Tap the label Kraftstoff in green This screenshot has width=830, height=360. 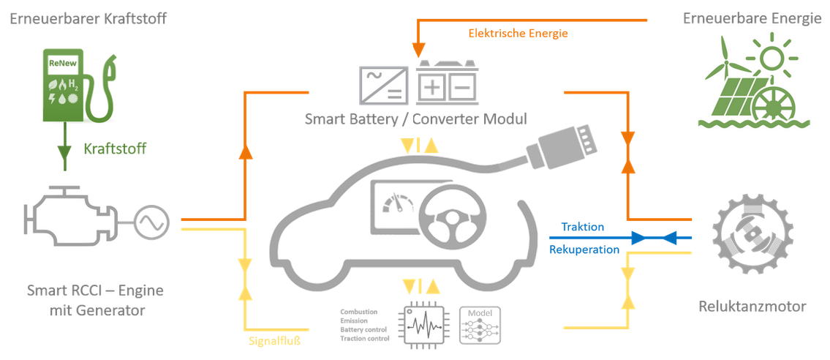pyautogui.click(x=114, y=149)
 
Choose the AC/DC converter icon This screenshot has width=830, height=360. pyautogui.click(x=383, y=84)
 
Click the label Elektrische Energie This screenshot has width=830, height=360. pyautogui.click(x=518, y=33)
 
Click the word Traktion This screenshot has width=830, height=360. pyautogui.click(x=583, y=227)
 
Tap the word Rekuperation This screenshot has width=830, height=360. pyautogui.click(x=584, y=250)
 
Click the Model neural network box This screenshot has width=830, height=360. pyautogui.click(x=480, y=325)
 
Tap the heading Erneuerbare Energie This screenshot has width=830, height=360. pyautogui.click(x=752, y=18)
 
